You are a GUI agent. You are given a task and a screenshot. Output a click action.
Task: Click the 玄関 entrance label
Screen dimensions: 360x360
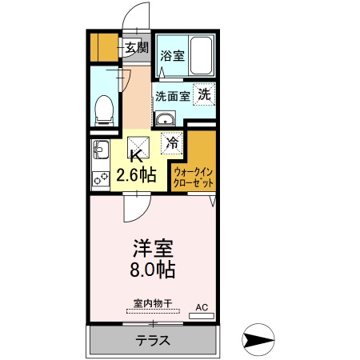(136, 47)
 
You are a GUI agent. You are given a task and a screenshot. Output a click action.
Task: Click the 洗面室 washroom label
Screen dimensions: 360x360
(172, 96)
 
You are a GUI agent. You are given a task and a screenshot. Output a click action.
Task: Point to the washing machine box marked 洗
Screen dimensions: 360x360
(205, 94)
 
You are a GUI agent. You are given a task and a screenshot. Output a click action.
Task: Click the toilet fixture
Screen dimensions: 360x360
(102, 110)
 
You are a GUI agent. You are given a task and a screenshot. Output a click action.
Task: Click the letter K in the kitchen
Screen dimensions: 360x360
(136, 156)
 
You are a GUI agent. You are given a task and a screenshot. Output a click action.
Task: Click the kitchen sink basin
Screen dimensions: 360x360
(100, 150)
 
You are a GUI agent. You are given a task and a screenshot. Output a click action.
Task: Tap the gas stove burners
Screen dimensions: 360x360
(100, 178)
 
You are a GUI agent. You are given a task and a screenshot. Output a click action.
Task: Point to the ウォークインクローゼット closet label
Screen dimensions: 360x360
(193, 177)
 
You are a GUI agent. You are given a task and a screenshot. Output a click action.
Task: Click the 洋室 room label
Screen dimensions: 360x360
(154, 246)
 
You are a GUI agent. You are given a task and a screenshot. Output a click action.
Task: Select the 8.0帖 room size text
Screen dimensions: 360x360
(154, 268)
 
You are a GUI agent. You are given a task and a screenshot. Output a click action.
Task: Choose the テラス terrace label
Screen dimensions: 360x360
(151, 339)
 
